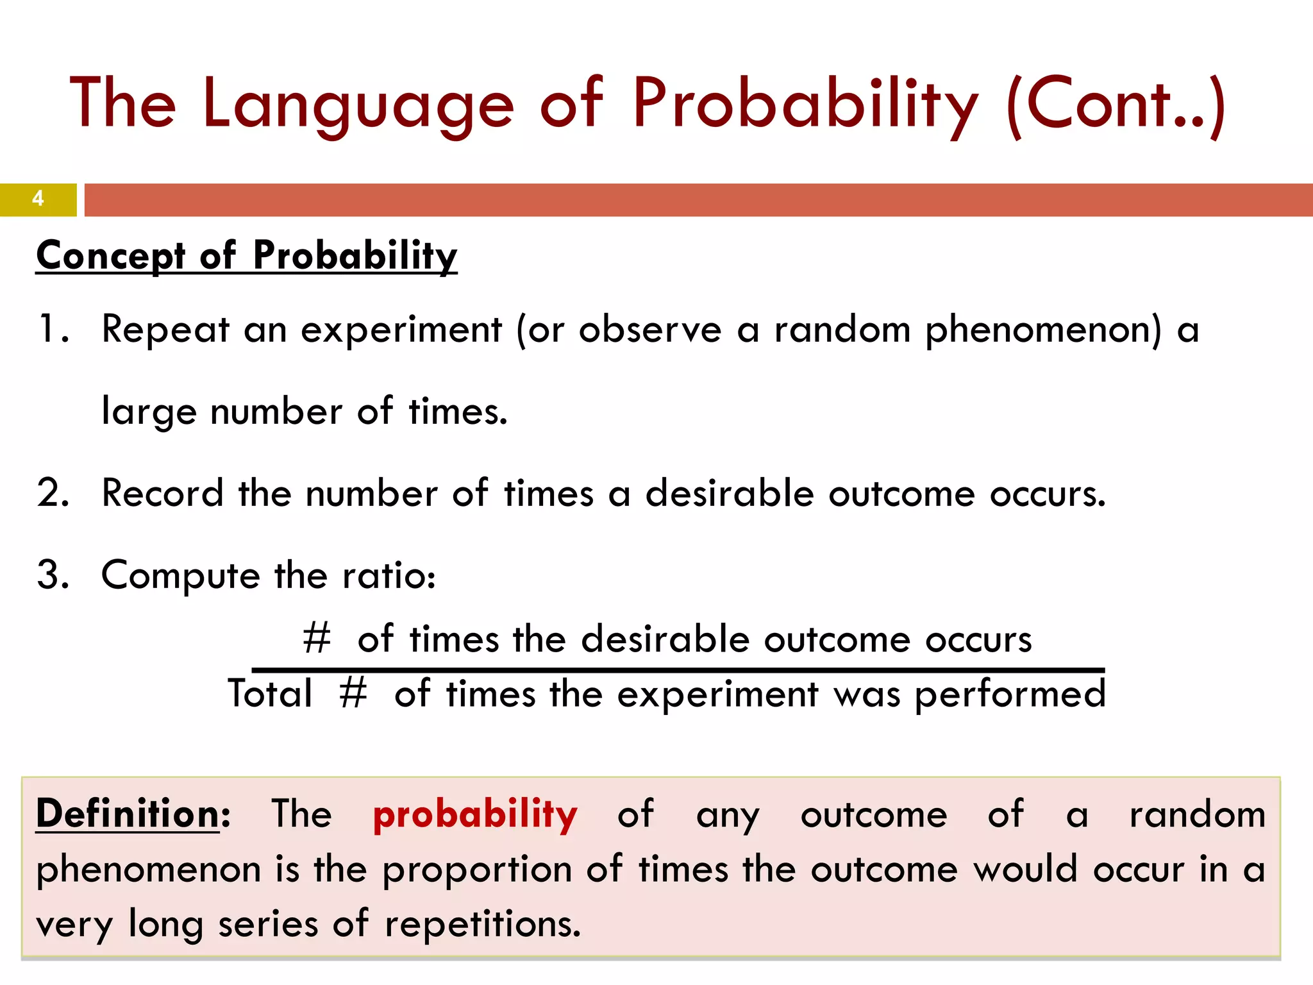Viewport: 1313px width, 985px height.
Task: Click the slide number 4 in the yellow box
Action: pyautogui.click(x=38, y=199)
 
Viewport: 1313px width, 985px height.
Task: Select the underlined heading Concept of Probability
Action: pyautogui.click(x=247, y=255)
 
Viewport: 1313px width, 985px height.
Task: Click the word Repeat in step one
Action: pyautogui.click(x=165, y=330)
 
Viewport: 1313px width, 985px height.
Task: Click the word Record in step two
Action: pyautogui.click(x=163, y=493)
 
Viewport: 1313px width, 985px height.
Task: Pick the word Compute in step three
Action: pyautogui.click(x=180, y=576)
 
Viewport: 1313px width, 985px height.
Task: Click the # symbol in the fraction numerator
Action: pyautogui.click(x=317, y=639)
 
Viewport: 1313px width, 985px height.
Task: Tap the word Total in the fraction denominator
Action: pyautogui.click(x=270, y=693)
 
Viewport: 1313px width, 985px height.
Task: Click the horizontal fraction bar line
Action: pyautogui.click(x=678, y=670)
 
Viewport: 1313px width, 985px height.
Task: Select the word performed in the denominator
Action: pyautogui.click(x=1010, y=695)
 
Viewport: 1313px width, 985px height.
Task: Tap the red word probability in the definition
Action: pyautogui.click(x=475, y=815)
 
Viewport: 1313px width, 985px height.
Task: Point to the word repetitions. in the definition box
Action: pyautogui.click(x=482, y=925)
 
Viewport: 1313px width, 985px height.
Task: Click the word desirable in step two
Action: pyautogui.click(x=729, y=493)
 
